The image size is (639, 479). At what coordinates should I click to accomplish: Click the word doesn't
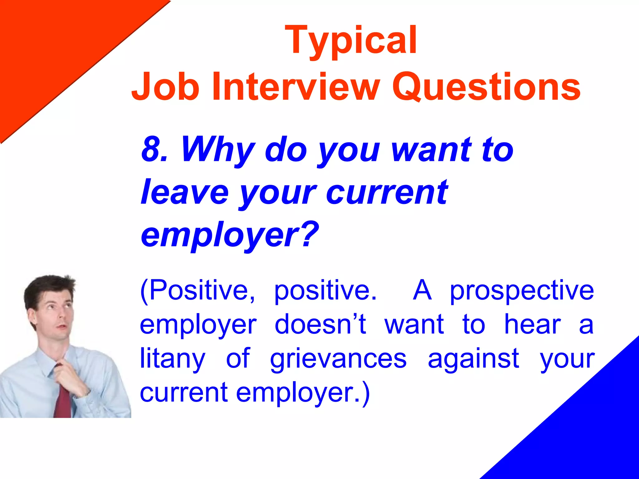[320, 325]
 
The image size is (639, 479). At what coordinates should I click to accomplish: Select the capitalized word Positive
[198, 290]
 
